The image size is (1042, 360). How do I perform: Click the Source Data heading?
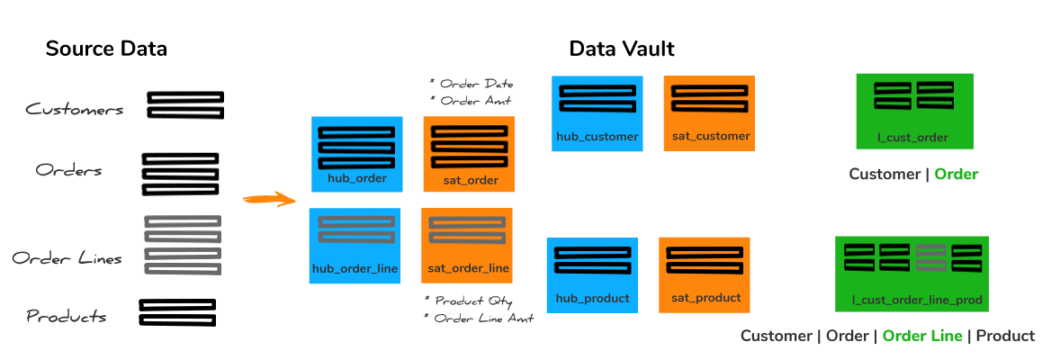click(105, 49)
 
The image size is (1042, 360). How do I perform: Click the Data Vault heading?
click(622, 49)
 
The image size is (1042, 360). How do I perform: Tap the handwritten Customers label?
click(75, 109)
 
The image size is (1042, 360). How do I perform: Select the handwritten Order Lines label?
click(67, 258)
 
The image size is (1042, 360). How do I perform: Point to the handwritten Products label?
click(67, 316)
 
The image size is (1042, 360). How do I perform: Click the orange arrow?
click(268, 199)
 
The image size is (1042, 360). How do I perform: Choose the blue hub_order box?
click(357, 154)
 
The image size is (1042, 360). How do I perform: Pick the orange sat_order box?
click(469, 154)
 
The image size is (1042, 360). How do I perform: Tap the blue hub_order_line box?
click(355, 246)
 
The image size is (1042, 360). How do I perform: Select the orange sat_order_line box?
click(466, 246)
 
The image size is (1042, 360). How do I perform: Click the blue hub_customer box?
click(597, 112)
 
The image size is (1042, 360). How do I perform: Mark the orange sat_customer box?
click(710, 112)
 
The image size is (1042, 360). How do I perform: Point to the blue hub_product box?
click(593, 275)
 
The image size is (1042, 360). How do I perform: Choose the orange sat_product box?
click(705, 275)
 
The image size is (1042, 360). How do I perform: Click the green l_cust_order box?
click(915, 112)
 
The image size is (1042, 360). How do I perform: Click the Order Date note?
click(472, 85)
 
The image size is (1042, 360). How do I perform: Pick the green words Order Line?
click(922, 336)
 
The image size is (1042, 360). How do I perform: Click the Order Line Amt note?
click(479, 319)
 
